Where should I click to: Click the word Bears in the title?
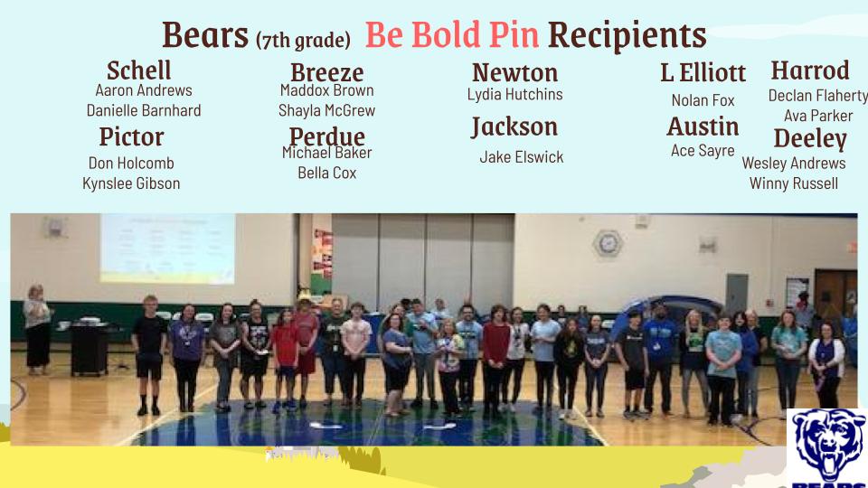tap(205, 35)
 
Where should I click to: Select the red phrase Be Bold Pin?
tap(452, 35)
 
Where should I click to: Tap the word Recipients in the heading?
tap(627, 35)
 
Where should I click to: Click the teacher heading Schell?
tap(139, 70)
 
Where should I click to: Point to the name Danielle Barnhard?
tap(144, 110)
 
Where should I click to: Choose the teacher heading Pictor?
tap(132, 136)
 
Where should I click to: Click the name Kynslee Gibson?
tap(131, 183)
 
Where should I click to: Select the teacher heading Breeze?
tap(327, 72)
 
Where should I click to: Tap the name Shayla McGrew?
tap(326, 110)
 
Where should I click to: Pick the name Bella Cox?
tap(326, 173)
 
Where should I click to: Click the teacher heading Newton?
tap(514, 72)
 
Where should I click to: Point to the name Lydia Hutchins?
tap(514, 94)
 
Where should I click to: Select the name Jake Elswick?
tap(522, 157)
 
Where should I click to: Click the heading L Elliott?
tap(703, 72)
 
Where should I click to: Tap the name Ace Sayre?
tap(703, 151)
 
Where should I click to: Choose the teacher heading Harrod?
tap(810, 70)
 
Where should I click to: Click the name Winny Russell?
tap(793, 183)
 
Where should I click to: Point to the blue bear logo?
tap(828, 448)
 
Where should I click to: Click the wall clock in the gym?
tap(608, 242)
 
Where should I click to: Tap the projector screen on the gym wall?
tap(167, 249)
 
